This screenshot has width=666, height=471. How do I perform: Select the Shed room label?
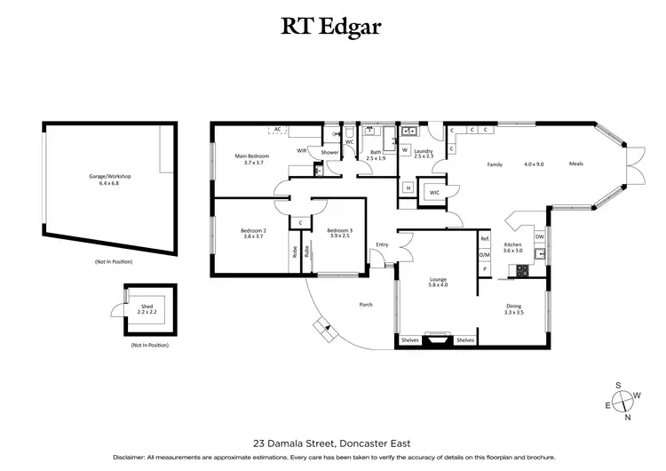pos(148,307)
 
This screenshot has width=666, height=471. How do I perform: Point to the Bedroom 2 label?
pos(255,234)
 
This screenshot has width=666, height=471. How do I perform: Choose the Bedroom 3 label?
pos(339,234)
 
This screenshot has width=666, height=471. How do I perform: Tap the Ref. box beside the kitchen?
pos(485,239)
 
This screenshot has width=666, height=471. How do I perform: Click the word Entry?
pos(383,244)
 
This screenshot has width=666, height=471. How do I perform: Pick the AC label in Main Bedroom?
pos(278,130)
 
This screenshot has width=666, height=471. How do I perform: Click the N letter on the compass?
pos(627,417)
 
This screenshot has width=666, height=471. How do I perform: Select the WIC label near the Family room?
pos(434,192)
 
